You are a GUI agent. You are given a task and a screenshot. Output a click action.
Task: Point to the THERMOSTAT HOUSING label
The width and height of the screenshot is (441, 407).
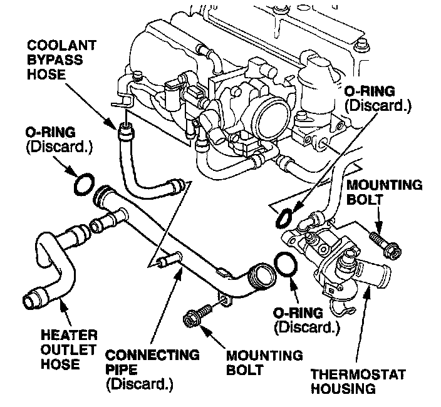click(x=358, y=382)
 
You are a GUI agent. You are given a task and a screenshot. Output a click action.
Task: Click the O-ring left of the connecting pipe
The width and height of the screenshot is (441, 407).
click(x=85, y=184)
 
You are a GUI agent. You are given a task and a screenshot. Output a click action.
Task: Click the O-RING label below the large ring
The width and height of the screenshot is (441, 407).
click(x=306, y=319)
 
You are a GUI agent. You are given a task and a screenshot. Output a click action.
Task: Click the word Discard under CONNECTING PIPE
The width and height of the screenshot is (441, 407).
click(x=139, y=383)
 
